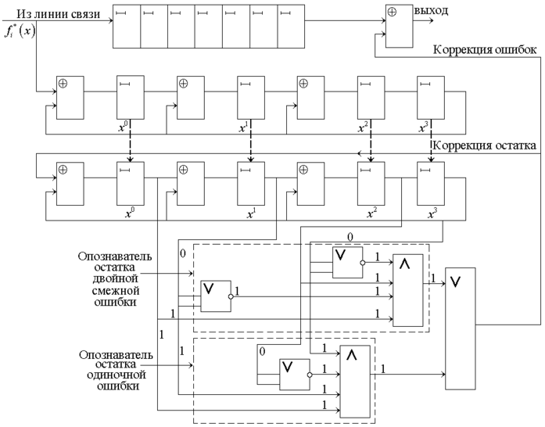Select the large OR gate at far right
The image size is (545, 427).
point(461,327)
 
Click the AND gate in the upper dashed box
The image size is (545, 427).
point(410,290)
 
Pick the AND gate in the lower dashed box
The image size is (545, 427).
point(354,382)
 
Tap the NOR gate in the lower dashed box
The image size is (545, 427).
point(296,375)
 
